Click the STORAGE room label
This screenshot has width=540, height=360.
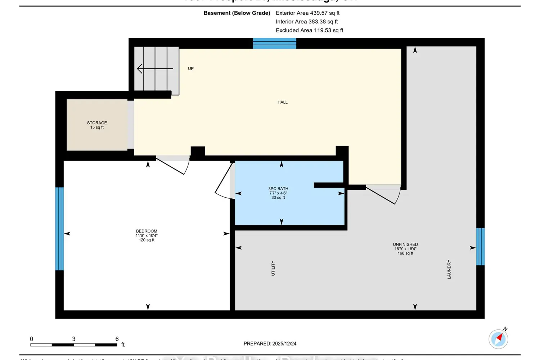coord(97,123)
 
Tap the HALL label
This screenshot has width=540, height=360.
coord(282,102)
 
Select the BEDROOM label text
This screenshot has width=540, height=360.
coord(147,231)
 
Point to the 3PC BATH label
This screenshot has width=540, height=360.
coord(278,189)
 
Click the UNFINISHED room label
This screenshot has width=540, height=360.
coord(405,244)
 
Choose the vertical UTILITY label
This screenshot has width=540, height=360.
coord(273,268)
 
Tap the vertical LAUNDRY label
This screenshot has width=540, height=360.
coord(449,269)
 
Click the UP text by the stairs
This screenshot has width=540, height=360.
coord(191,68)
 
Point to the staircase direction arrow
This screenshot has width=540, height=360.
coord(155,68)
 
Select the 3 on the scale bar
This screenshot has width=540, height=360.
coord(74,339)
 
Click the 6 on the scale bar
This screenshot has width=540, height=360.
coord(117,339)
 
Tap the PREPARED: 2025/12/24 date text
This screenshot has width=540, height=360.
coord(270,343)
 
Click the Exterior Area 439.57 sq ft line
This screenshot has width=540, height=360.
coord(307,13)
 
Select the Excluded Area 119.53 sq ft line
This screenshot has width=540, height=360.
coord(309,30)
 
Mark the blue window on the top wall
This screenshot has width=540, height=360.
coord(274,43)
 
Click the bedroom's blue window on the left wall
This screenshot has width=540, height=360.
coord(59,229)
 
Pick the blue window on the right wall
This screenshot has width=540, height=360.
coord(480,247)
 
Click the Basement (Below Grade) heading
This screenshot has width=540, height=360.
coord(237,13)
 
